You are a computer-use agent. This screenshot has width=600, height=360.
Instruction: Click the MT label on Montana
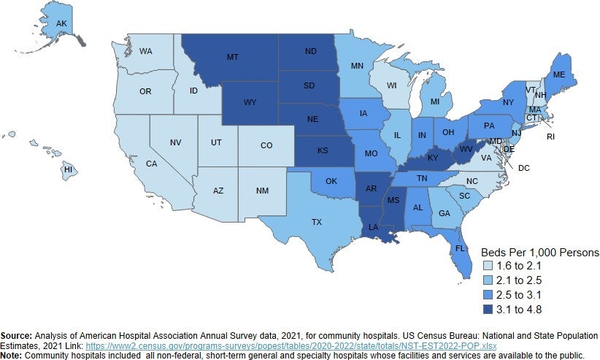pos(233,57)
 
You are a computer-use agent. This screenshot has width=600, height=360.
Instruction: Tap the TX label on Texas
pos(317,221)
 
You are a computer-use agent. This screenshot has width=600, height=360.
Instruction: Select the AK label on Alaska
pos(62,23)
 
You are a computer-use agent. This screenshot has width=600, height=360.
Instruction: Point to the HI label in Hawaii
pos(68,169)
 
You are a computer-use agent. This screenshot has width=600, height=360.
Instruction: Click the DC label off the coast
pos(523,167)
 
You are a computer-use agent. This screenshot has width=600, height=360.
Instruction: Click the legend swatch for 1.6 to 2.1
pos(489,265)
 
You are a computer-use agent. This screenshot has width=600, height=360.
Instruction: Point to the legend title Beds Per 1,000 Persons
pos(539,252)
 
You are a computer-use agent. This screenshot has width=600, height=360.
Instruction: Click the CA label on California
pos(152,164)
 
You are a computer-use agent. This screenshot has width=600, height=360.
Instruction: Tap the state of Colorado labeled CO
pos(266,146)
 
